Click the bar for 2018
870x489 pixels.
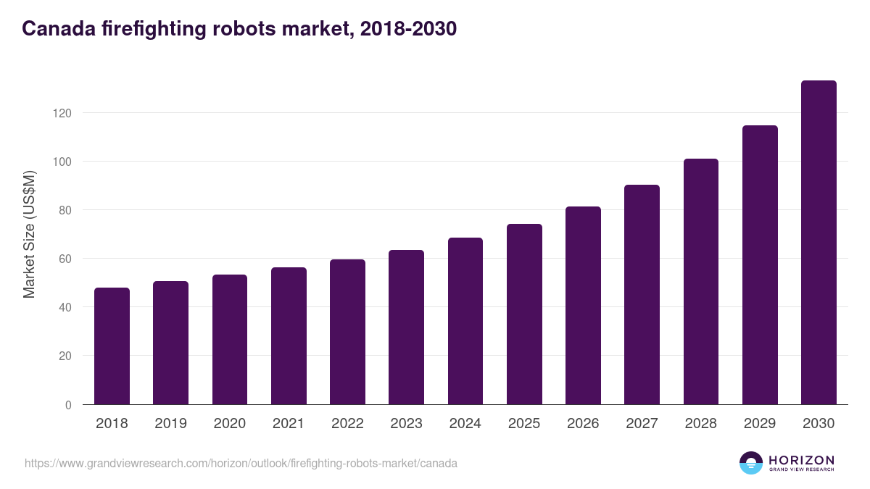pos(112,346)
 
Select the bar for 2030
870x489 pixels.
pos(819,243)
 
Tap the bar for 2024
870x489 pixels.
pos(465,321)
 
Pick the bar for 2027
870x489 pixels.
pos(642,295)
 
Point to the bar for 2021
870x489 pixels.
pos(289,336)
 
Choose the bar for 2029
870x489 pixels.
pos(760,265)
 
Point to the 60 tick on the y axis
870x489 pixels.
pos(65,259)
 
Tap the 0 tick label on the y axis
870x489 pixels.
pos(68,405)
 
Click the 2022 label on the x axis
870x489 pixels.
pos(347,424)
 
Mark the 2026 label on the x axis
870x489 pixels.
pos(583,424)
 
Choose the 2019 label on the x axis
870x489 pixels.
pos(170,424)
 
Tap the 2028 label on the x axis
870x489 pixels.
pos(701,424)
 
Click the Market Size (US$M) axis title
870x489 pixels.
pos(29,234)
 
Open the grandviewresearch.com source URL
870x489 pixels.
pos(241,463)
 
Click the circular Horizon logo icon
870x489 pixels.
pos(751,463)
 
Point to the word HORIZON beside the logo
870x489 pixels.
pos(801,460)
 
